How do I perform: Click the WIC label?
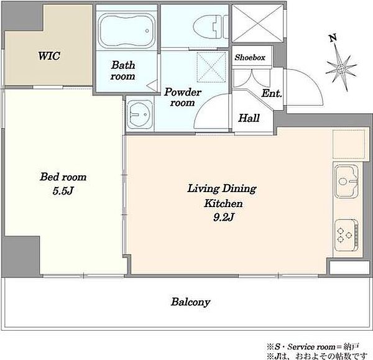[x=49, y=56]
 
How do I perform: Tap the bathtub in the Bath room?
[x=127, y=30]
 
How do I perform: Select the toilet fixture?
[x=210, y=26]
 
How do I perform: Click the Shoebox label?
[x=250, y=57]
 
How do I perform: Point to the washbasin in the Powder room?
[x=140, y=114]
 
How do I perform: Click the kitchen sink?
[x=346, y=182]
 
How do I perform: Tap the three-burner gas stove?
[x=346, y=235]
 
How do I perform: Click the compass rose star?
[x=341, y=69]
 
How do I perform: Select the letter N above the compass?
[x=333, y=38]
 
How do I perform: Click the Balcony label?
[x=191, y=302]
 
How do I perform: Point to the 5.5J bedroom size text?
[x=63, y=191]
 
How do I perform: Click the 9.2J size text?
[x=224, y=217]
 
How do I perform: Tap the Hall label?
[x=249, y=118]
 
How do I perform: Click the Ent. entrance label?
[x=272, y=93]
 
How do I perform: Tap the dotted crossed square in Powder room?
[x=211, y=67]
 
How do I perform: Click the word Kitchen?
[x=223, y=203]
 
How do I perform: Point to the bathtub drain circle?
[x=147, y=30]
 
